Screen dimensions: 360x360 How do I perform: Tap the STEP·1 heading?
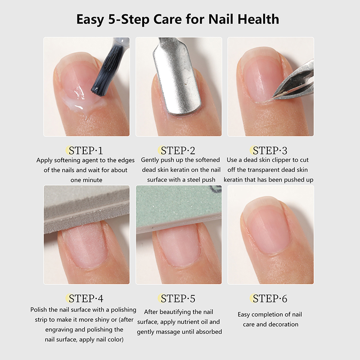[86, 151]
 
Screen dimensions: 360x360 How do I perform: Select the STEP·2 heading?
[178, 151]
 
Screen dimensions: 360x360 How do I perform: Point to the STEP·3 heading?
[270, 151]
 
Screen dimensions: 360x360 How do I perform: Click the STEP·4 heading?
[86, 298]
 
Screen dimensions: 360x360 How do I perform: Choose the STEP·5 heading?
[178, 298]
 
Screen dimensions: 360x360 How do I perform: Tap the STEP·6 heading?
[270, 298]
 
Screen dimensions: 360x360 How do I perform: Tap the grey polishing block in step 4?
[86, 209]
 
